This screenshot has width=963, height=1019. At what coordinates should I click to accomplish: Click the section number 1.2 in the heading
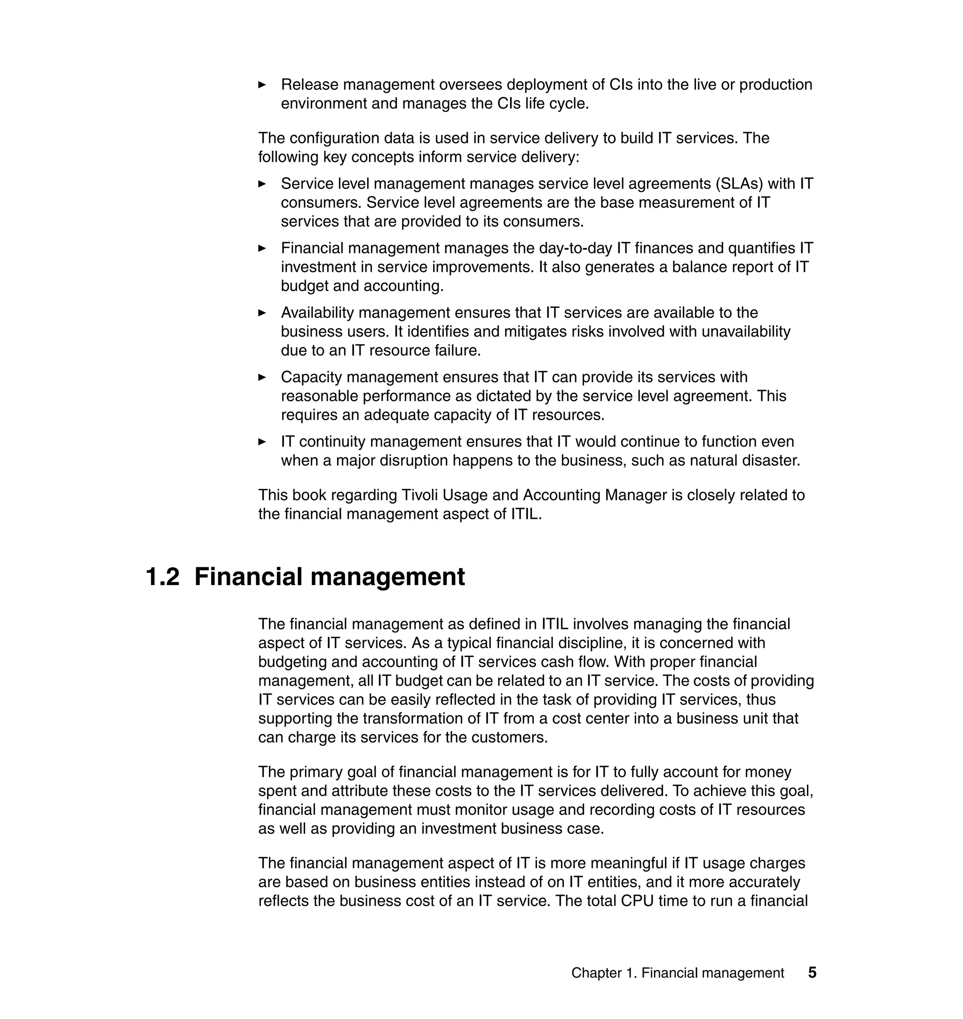(163, 577)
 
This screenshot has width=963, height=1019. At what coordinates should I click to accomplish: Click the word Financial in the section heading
(248, 577)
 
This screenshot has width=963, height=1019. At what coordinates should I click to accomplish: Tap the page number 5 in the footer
(812, 972)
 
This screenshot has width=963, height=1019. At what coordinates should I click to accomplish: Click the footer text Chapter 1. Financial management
(677, 973)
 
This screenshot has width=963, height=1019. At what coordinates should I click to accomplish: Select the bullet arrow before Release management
(262, 85)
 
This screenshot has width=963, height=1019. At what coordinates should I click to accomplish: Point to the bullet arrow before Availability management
(262, 313)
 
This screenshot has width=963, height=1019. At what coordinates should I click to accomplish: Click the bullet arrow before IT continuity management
(262, 441)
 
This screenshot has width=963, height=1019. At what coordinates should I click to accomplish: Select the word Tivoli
(419, 495)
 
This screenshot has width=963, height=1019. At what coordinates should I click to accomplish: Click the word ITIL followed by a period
(526, 514)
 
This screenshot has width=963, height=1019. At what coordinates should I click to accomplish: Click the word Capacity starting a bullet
(311, 377)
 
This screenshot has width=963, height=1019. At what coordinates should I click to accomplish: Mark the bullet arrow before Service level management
(262, 184)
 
